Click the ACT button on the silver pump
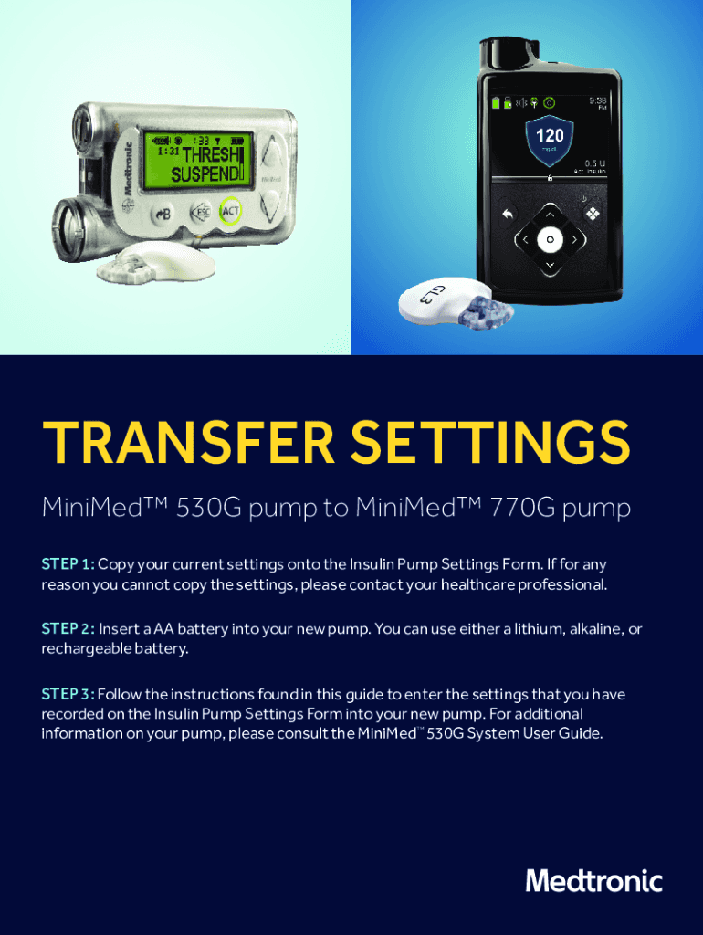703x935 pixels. point(230,211)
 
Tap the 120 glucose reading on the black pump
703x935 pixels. point(550,135)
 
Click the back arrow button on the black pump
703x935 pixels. point(508,215)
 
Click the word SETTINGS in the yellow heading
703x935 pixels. point(489,443)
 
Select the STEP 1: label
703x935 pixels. point(68,563)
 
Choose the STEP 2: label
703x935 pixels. point(68,628)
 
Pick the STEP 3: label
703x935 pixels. point(68,694)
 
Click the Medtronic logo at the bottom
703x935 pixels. point(593,881)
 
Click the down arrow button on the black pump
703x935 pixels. point(550,264)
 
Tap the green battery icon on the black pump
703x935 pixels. point(496,102)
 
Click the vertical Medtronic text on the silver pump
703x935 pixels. point(127,169)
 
